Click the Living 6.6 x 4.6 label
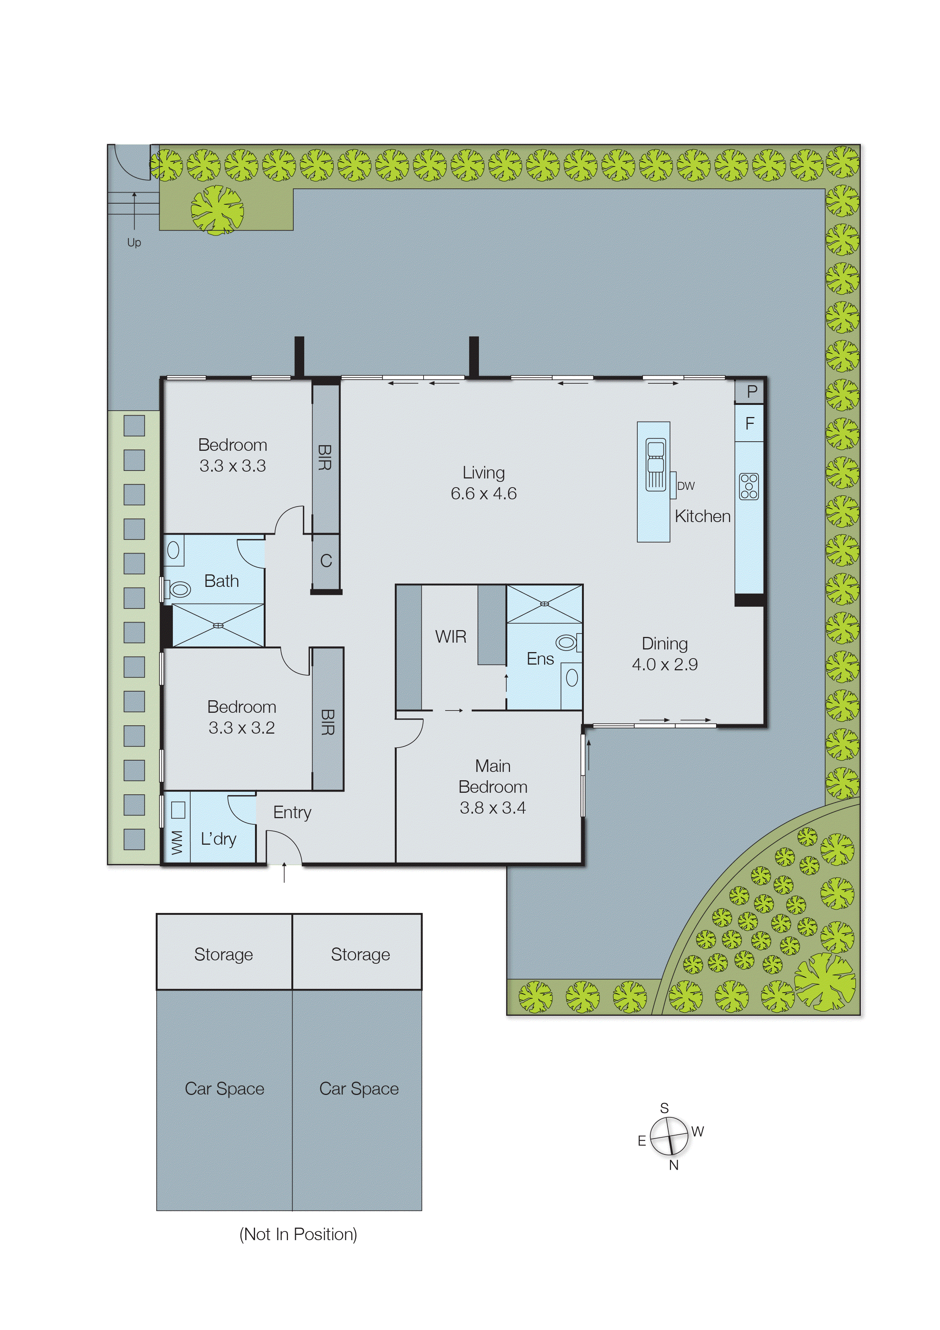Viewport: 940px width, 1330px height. [483, 483]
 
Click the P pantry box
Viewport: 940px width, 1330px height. [751, 392]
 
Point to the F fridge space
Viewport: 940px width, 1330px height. [749, 424]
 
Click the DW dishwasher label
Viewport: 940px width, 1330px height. [685, 486]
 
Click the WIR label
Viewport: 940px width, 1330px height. [450, 637]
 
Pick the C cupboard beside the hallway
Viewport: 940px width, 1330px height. [326, 561]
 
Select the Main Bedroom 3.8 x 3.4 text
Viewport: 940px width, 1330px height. [493, 787]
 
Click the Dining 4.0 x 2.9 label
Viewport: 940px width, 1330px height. [665, 653]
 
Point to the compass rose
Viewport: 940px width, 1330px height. [669, 1137]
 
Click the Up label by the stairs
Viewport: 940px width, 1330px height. [134, 242]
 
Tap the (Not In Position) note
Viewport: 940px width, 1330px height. [298, 1234]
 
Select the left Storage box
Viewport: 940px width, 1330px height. [224, 954]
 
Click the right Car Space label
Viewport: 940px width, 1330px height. [359, 1088]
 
